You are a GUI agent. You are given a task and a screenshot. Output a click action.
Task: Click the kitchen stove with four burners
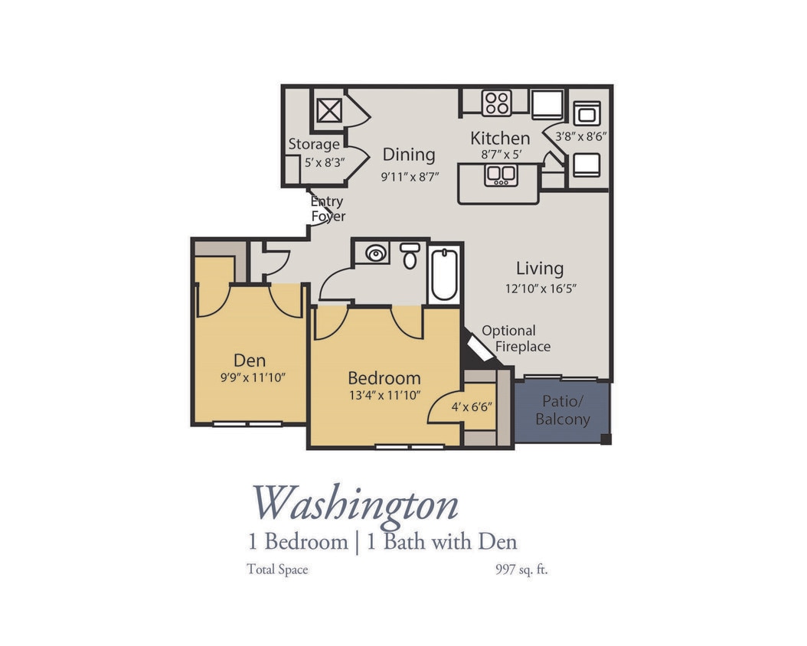pyautogui.click(x=496, y=103)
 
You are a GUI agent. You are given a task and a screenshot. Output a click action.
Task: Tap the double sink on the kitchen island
pyautogui.click(x=500, y=175)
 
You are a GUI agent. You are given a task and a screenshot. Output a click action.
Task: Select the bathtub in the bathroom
pyautogui.click(x=444, y=275)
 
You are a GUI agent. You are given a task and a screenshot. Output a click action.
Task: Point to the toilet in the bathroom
pyautogui.click(x=410, y=256)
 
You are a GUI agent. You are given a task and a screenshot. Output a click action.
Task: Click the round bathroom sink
pyautogui.click(x=375, y=253)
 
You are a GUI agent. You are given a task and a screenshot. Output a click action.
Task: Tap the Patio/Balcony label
pyautogui.click(x=563, y=410)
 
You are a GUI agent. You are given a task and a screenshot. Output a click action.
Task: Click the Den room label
pyautogui.click(x=250, y=361)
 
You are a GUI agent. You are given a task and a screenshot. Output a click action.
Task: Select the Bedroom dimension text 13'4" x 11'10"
pyautogui.click(x=384, y=396)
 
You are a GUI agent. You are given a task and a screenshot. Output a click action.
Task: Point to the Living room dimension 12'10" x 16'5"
pyautogui.click(x=540, y=289)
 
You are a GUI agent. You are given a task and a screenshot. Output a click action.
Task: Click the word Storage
pyautogui.click(x=314, y=144)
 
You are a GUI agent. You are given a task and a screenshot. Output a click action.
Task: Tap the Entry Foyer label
pyautogui.click(x=328, y=209)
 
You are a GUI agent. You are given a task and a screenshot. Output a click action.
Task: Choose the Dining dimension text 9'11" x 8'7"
pyautogui.click(x=410, y=175)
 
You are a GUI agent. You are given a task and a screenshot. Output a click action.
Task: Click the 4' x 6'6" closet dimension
pyautogui.click(x=471, y=407)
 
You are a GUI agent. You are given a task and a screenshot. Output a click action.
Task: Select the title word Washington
pyautogui.click(x=356, y=504)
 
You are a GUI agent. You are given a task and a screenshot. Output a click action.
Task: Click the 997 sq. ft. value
pyautogui.click(x=521, y=569)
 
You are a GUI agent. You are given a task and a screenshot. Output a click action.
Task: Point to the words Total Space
pyautogui.click(x=277, y=569)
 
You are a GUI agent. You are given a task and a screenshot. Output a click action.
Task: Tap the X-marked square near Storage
pyautogui.click(x=328, y=112)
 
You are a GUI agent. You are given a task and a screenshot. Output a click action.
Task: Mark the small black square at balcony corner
pyautogui.click(x=606, y=439)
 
